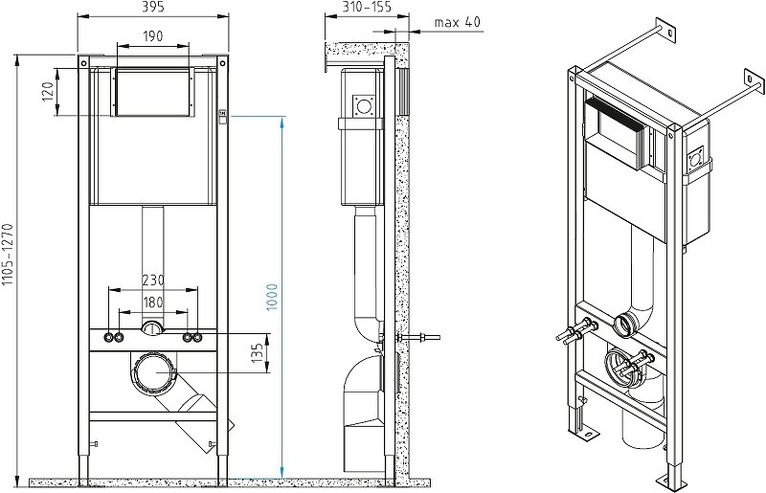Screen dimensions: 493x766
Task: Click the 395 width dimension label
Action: coord(153,8)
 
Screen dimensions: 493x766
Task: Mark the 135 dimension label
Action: coord(257,352)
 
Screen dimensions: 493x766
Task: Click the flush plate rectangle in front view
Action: coord(153,92)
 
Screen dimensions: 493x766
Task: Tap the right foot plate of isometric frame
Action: coord(670,476)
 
